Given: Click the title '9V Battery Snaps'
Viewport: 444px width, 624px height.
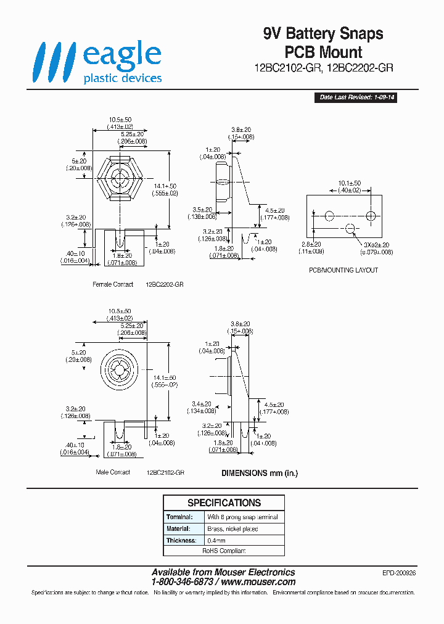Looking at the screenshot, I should point(323,34).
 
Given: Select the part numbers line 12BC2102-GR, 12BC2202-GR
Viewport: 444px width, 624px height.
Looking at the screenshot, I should point(323,68).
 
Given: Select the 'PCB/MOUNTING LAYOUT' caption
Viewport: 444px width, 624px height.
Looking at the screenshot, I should point(343,270).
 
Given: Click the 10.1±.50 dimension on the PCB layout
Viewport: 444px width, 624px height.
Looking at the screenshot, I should point(350,184).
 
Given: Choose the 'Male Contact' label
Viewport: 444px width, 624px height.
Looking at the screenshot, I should point(113,472).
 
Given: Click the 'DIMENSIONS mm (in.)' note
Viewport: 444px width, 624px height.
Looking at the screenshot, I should point(260,473).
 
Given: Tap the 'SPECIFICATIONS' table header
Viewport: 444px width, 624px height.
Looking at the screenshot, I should point(224,503).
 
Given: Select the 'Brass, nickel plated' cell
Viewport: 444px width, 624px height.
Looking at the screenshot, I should point(232,529).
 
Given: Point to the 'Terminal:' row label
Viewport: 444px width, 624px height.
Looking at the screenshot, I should point(179,517).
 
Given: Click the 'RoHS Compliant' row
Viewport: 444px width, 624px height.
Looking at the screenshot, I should point(224,551).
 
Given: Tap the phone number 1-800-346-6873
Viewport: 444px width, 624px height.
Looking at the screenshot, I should point(183,581).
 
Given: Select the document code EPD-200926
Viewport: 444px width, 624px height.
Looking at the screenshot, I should point(399,573).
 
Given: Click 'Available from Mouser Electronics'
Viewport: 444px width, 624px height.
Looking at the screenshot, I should point(223,572).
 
